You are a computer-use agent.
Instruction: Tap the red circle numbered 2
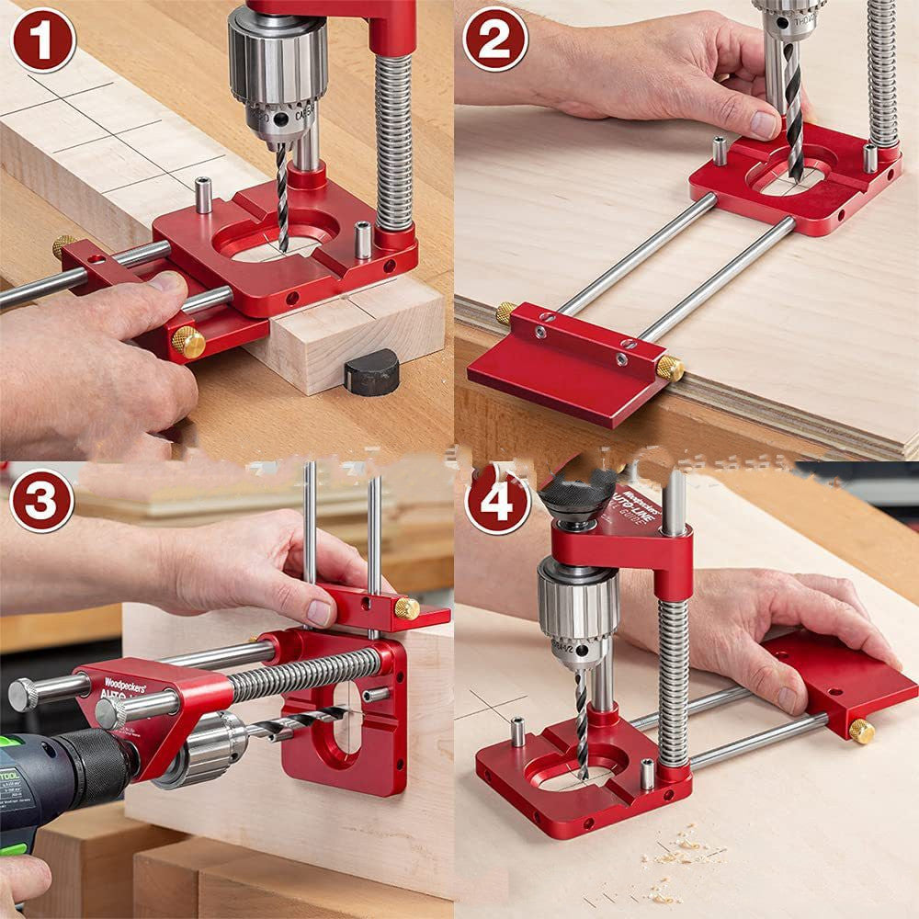pos(495,40)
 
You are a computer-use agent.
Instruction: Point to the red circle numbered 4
pos(495,502)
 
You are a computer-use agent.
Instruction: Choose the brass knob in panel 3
pos(406,608)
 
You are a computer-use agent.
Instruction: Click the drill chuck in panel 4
pos(577,607)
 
